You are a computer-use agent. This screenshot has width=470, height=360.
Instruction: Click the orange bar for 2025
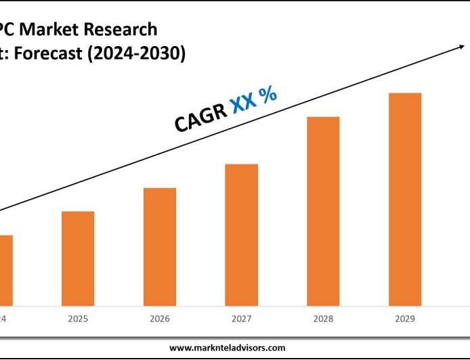(x=78, y=258)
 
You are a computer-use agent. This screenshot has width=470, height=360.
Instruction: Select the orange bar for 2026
(x=160, y=246)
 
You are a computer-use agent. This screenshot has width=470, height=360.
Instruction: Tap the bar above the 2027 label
(x=241, y=234)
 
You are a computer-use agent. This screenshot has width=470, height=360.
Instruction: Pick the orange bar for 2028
(x=323, y=210)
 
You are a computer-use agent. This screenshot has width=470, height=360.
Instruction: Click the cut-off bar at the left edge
(x=6, y=270)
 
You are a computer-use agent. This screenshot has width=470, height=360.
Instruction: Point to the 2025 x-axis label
(x=78, y=318)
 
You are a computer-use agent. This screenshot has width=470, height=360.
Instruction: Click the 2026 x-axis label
(x=160, y=318)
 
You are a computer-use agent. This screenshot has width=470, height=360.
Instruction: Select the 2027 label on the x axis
(x=241, y=318)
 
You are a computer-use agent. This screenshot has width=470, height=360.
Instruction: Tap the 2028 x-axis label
(x=323, y=318)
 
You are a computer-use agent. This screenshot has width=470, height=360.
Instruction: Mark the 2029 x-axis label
(x=405, y=318)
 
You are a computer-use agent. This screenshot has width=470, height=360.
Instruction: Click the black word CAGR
(x=200, y=116)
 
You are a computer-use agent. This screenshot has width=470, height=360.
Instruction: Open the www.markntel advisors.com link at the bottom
(x=227, y=347)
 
